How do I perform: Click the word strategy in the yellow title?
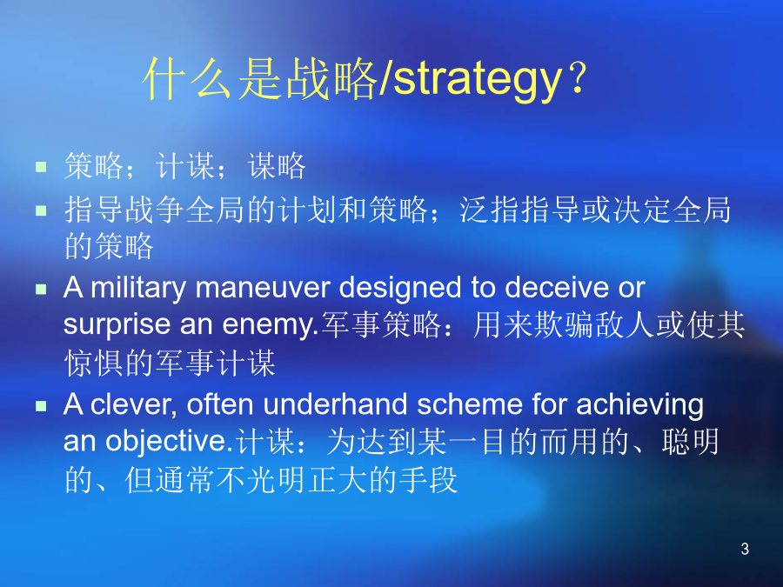(478, 80)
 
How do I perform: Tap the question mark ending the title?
(579, 78)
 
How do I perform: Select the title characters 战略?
(331, 78)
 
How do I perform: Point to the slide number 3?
(745, 549)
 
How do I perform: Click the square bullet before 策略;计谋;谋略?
(41, 166)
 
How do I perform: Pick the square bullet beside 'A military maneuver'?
(41, 289)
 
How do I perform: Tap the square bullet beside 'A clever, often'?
(41, 406)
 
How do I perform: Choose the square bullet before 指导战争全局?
(41, 210)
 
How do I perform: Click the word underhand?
(336, 404)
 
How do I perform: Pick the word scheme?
(470, 404)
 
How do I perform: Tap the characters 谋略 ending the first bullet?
(277, 166)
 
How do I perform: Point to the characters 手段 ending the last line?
(428, 480)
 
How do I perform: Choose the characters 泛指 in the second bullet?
(489, 210)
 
